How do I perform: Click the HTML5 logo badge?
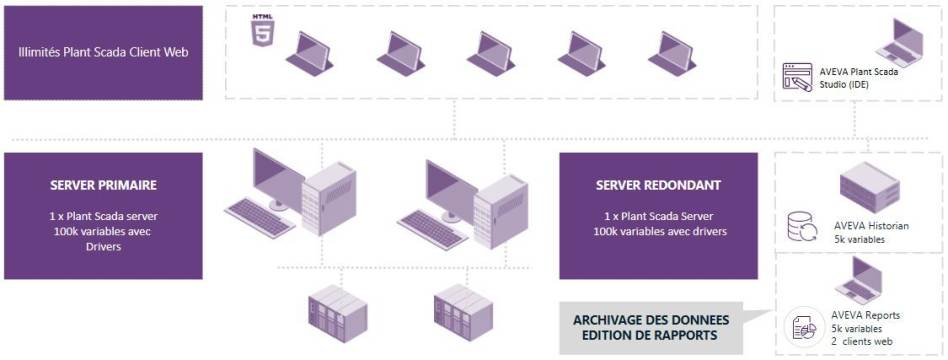click(x=263, y=28)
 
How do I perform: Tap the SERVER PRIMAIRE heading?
click(x=103, y=186)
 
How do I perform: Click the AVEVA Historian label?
click(x=871, y=226)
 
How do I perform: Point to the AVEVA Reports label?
click(x=866, y=315)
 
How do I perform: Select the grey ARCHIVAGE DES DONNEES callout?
click(x=651, y=327)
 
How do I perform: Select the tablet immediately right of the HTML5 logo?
click(x=313, y=50)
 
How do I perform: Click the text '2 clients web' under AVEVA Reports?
click(x=865, y=341)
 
